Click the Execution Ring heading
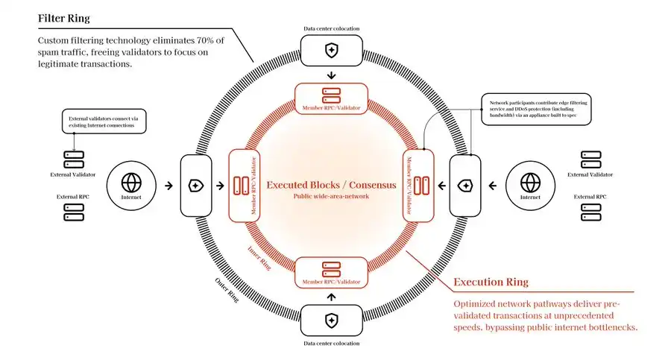point(491,282)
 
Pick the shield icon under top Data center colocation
point(330,51)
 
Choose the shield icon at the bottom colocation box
point(330,320)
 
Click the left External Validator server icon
point(74,159)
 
